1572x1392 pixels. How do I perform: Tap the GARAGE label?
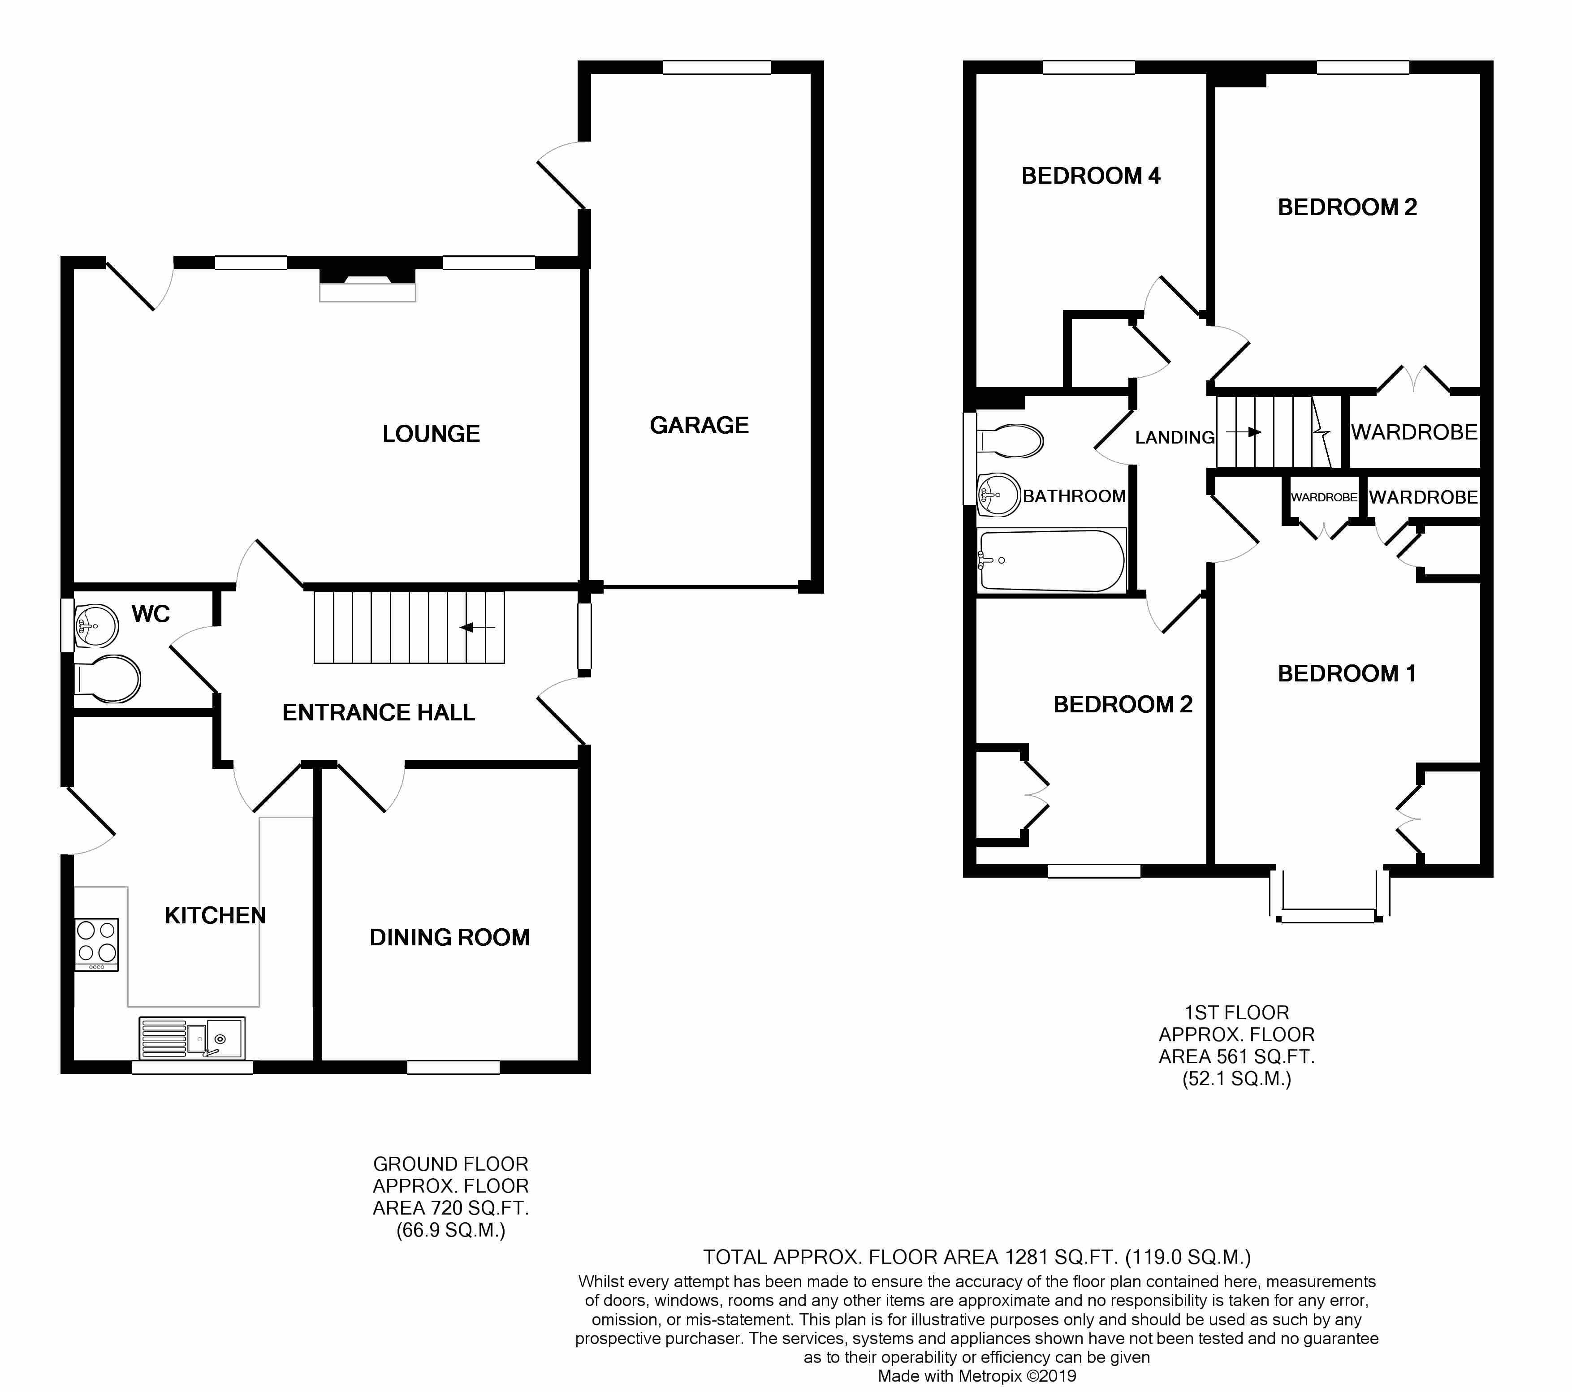tap(699, 425)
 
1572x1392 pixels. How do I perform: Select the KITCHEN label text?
tap(216, 915)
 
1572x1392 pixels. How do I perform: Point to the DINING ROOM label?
tap(450, 938)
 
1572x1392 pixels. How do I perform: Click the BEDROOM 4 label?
tap(1091, 176)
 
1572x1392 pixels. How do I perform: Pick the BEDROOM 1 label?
tap(1347, 674)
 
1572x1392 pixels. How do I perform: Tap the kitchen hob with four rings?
tap(97, 944)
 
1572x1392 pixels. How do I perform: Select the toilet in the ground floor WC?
tap(108, 679)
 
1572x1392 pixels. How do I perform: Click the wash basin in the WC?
tap(96, 626)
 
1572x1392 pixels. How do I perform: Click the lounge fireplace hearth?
tap(367, 292)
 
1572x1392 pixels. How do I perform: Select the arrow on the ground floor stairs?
tap(478, 628)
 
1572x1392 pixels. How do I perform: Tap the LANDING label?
tap(1175, 438)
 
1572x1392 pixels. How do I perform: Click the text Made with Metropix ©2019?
tap(977, 1376)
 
